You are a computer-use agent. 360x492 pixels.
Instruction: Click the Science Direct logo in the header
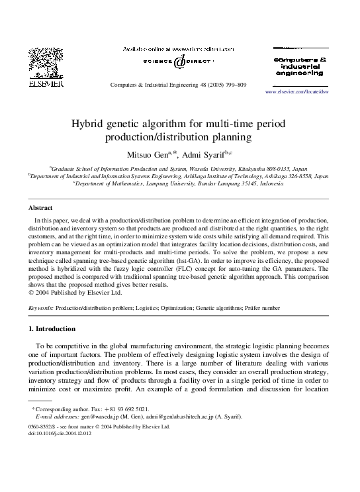point(179,62)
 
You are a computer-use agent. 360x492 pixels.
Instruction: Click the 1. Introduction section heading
point(52,328)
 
